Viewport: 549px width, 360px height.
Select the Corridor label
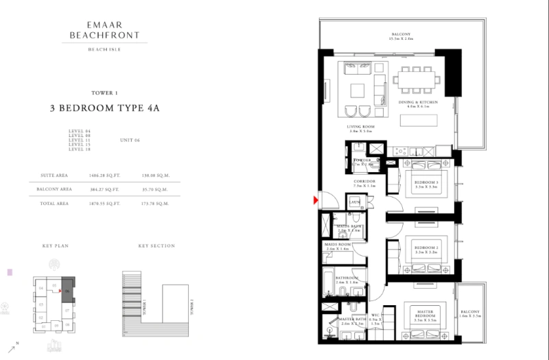point(364,183)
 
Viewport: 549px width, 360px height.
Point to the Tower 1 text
point(104,93)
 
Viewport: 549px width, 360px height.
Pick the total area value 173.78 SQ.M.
point(155,204)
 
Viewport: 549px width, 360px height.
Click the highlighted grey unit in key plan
point(67,287)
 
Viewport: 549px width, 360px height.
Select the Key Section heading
point(156,246)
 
